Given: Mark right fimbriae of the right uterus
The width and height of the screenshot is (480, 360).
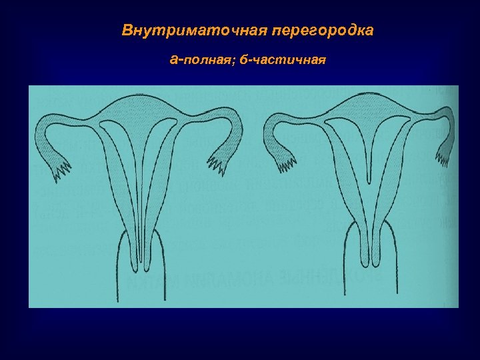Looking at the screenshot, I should (443, 157).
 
